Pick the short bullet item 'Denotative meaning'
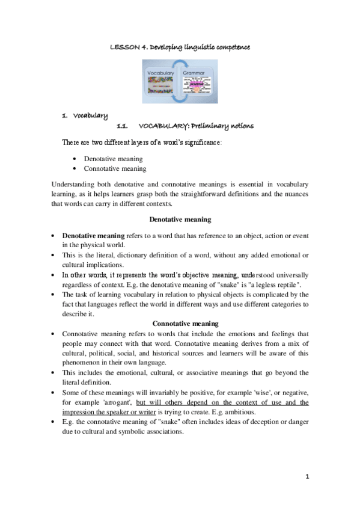(113, 159)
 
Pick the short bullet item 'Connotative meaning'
(115, 168)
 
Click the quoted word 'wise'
(261, 392)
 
